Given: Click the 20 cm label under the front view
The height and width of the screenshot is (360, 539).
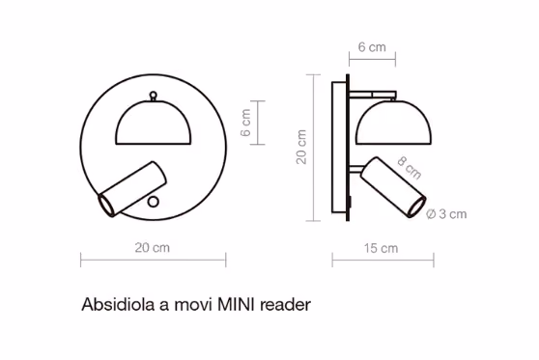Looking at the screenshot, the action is [x=153, y=248].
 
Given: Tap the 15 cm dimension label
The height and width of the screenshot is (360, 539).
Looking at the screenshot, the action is [x=381, y=248].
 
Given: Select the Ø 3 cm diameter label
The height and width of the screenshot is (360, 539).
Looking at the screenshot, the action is [x=446, y=214].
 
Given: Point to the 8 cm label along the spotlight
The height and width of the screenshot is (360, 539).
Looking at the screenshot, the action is [x=409, y=168].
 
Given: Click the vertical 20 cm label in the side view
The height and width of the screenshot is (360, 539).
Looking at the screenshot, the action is [x=301, y=147].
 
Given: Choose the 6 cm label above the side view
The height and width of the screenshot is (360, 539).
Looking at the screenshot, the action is [x=372, y=47].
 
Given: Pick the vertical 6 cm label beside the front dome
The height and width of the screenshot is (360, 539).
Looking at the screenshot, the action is [x=245, y=123].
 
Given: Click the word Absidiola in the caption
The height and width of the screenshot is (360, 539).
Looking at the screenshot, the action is [x=118, y=304].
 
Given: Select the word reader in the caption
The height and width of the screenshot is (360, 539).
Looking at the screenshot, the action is [x=285, y=305].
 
